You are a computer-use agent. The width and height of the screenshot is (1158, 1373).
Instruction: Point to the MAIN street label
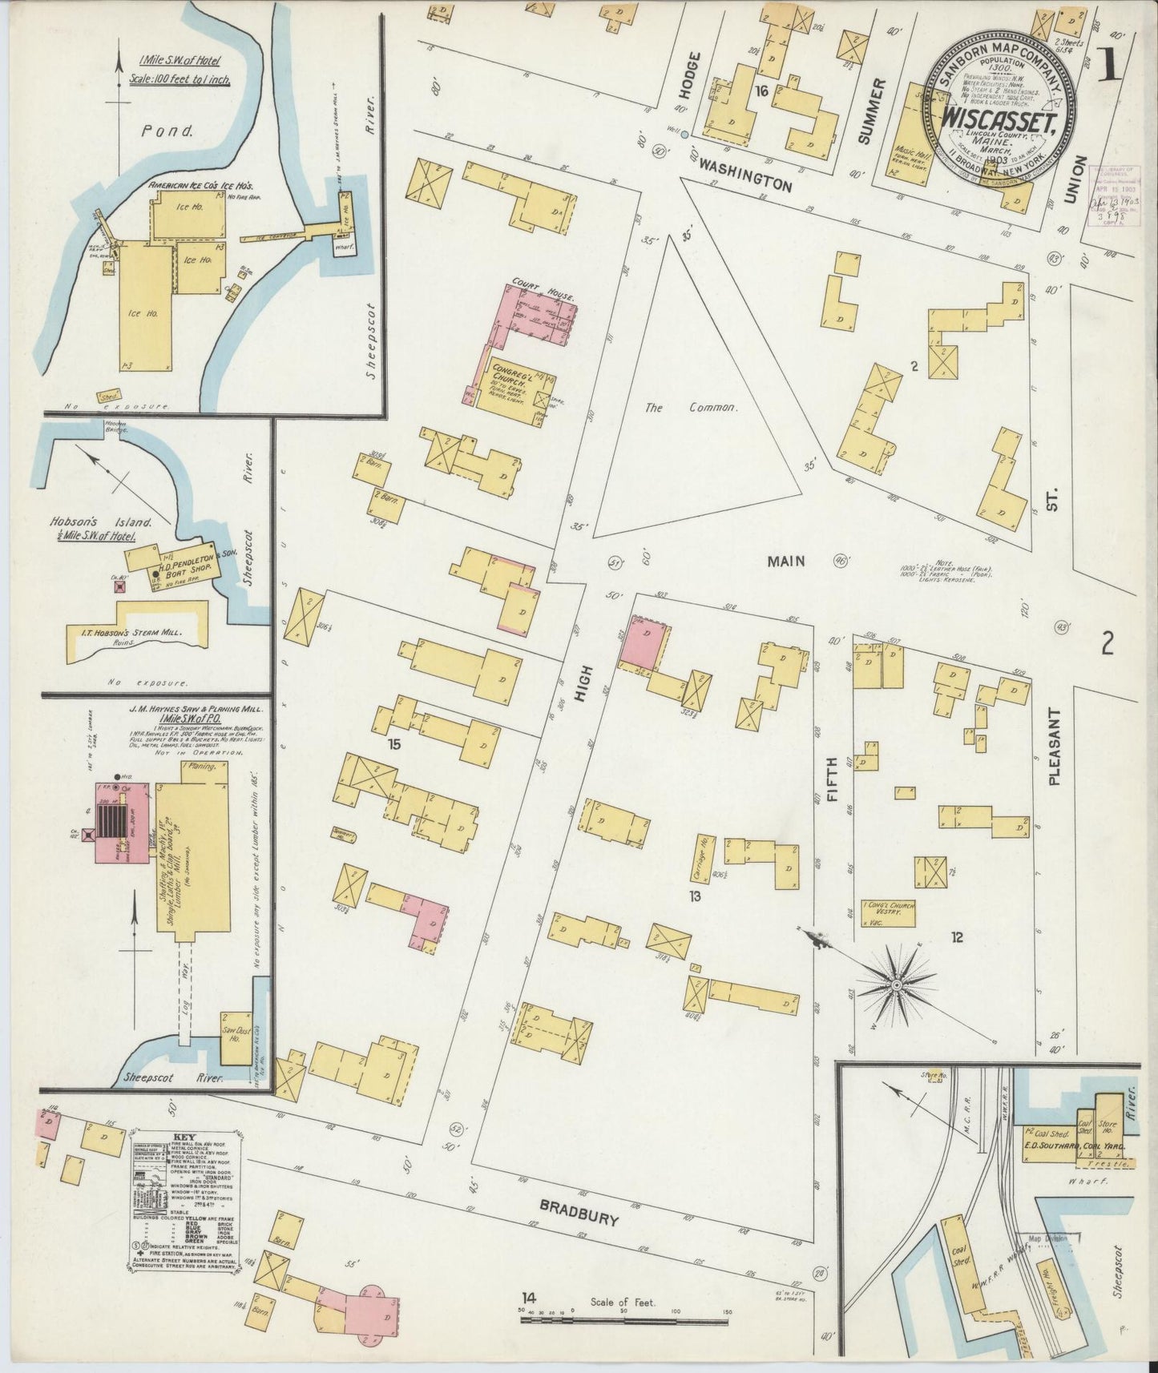[x=785, y=562]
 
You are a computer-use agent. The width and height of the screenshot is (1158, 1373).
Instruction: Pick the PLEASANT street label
[x=1055, y=746]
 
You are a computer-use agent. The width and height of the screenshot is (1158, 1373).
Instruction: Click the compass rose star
[x=896, y=984]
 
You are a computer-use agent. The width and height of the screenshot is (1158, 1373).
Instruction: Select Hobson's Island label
[x=90, y=521]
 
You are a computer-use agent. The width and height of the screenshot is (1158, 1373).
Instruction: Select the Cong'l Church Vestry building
[x=887, y=912]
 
